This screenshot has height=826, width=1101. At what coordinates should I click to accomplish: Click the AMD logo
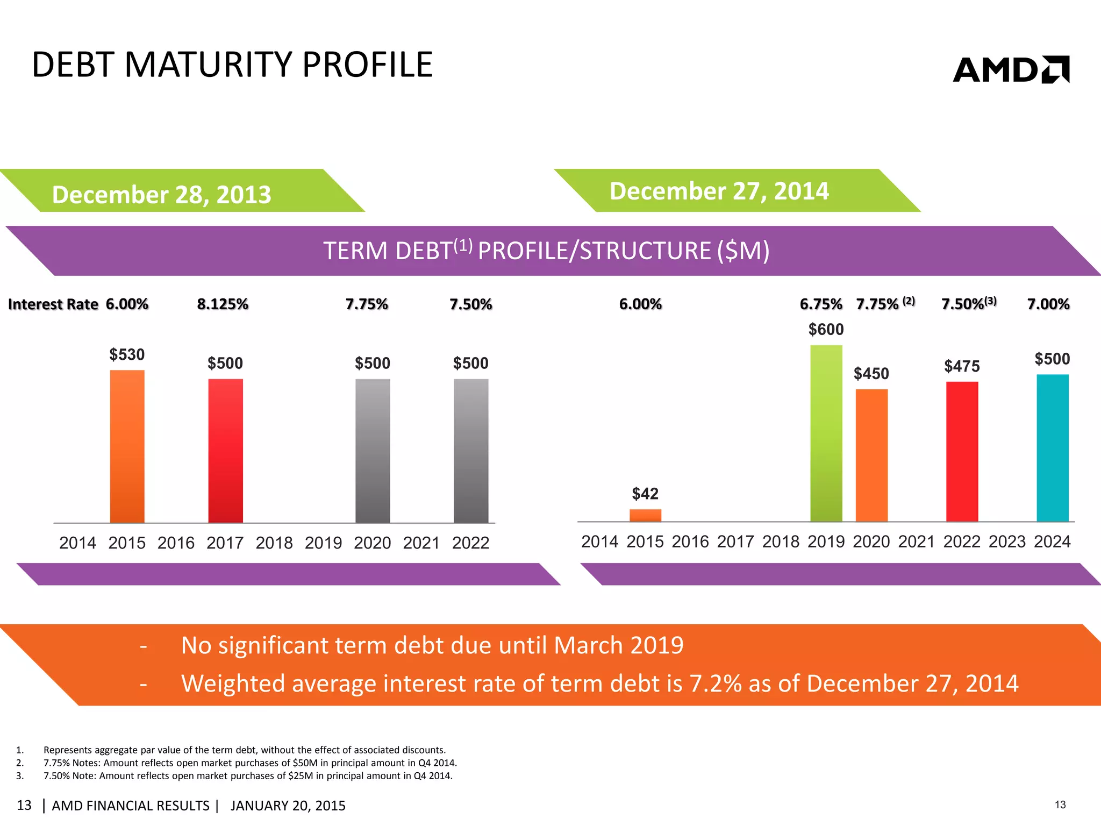(x=1011, y=70)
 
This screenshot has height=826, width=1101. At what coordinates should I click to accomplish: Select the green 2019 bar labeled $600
(x=826, y=433)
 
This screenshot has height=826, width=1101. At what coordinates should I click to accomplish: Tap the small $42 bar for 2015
(x=645, y=515)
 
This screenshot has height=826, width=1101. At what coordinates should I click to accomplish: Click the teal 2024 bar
(x=1052, y=447)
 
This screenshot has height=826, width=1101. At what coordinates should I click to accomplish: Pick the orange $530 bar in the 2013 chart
(x=127, y=446)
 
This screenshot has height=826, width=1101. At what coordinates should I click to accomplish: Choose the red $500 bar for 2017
(x=225, y=451)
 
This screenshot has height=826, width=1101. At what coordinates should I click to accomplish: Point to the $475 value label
(x=962, y=367)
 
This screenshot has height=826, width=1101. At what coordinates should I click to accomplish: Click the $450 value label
(x=871, y=374)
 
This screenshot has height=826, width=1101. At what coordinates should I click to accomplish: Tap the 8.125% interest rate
(x=223, y=304)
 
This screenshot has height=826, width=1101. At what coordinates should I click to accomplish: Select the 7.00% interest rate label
(x=1048, y=304)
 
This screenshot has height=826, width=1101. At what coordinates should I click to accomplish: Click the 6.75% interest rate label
(x=820, y=304)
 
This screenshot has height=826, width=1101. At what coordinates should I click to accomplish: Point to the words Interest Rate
(x=53, y=304)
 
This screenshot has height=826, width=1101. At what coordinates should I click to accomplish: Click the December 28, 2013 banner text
(x=161, y=195)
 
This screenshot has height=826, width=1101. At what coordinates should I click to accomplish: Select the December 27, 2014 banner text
(x=719, y=191)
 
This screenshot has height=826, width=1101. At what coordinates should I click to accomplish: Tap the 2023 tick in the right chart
(x=1007, y=542)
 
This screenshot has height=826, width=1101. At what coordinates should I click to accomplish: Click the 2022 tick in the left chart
(x=470, y=543)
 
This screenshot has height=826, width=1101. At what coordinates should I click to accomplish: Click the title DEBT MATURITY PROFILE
(x=232, y=65)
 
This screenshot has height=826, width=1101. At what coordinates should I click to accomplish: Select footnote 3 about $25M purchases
(x=247, y=776)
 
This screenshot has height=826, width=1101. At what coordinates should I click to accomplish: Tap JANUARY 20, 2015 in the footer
(x=288, y=806)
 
